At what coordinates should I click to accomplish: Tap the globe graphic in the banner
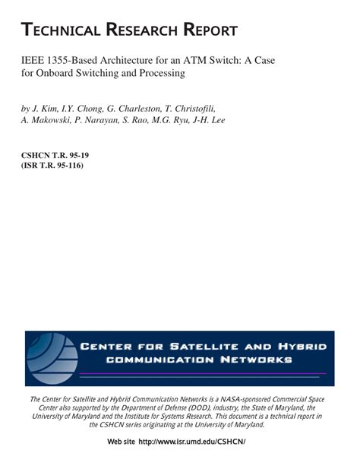click(51, 358)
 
